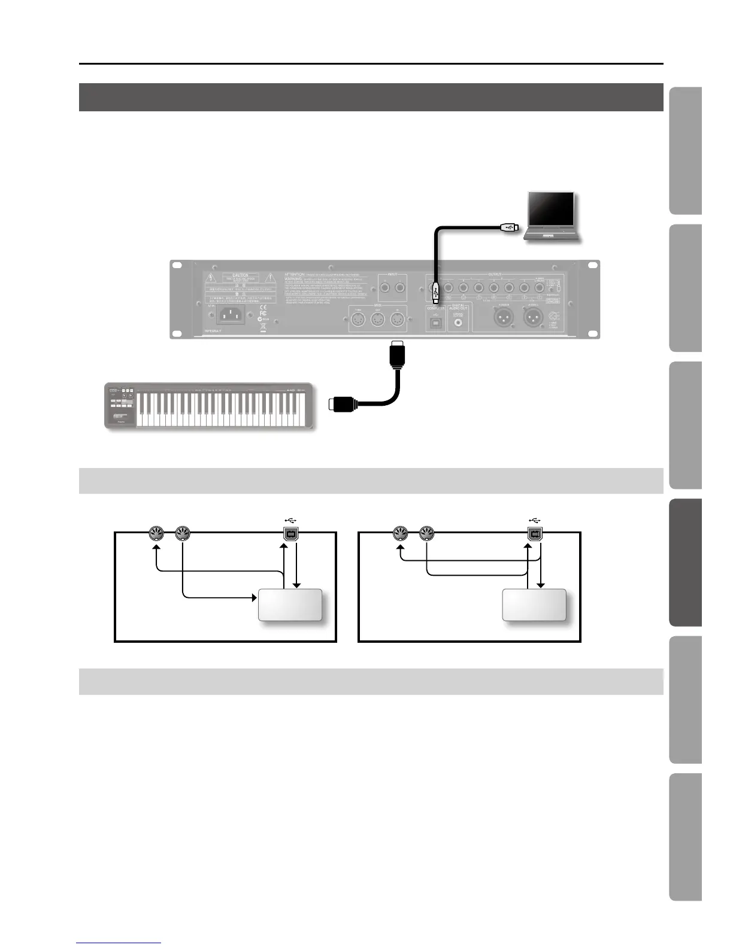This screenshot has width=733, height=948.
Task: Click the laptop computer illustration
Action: click(550, 215)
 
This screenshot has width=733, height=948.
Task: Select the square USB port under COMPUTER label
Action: click(435, 323)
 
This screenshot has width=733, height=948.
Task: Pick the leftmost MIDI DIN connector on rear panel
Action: click(358, 320)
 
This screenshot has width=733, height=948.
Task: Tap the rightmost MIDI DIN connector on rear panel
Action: click(396, 320)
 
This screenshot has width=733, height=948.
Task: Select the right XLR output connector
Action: click(534, 317)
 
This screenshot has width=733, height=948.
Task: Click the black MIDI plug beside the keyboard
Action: click(343, 404)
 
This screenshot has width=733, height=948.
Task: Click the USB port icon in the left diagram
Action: click(290, 532)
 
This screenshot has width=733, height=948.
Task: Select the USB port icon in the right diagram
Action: click(535, 532)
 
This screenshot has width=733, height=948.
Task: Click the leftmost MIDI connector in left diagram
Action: click(156, 532)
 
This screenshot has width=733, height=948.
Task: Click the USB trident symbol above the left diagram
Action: click(290, 519)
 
